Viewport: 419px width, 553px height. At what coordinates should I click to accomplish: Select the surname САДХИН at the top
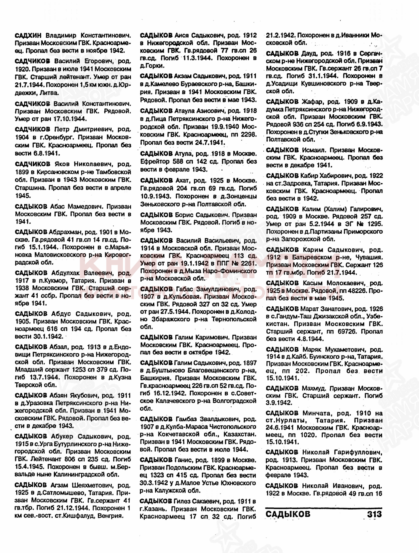(x=28, y=35)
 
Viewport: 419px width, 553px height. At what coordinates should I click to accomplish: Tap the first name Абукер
(x=62, y=437)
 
